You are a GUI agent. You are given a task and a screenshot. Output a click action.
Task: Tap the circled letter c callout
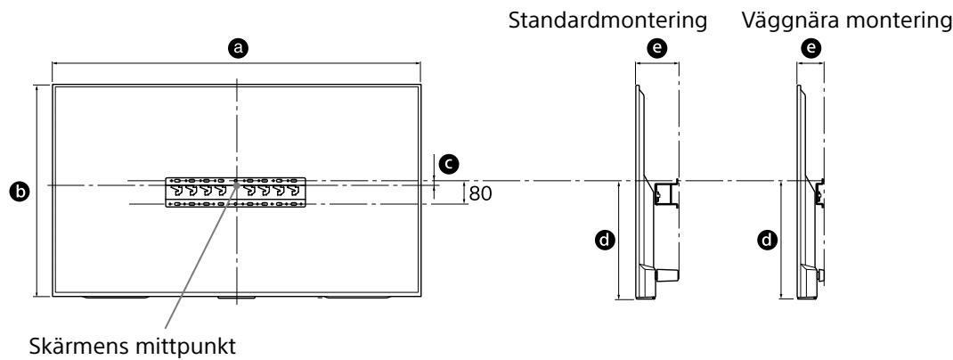pos(452,163)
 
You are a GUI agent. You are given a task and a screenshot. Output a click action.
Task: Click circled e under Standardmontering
pos(657,52)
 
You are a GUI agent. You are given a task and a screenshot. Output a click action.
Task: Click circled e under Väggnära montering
pos(810,52)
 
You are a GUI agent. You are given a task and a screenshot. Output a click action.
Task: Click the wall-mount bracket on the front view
pos(237,192)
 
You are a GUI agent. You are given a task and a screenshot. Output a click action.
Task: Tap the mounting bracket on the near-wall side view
pos(818,192)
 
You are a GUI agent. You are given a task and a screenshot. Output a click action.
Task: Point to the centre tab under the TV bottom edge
pos(236,297)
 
